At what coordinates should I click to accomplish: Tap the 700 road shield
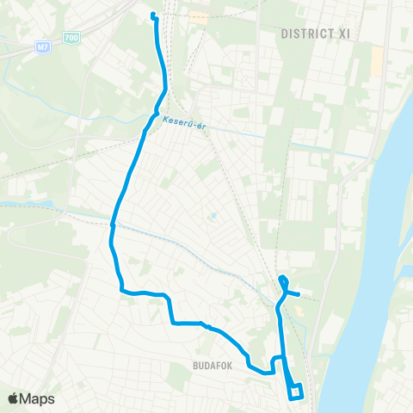tap(71, 38)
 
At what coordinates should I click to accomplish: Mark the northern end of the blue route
tap(152, 15)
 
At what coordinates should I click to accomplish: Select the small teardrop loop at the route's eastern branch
tap(283, 280)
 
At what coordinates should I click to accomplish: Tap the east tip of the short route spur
tap(299, 293)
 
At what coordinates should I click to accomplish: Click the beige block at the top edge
tap(200, 16)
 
